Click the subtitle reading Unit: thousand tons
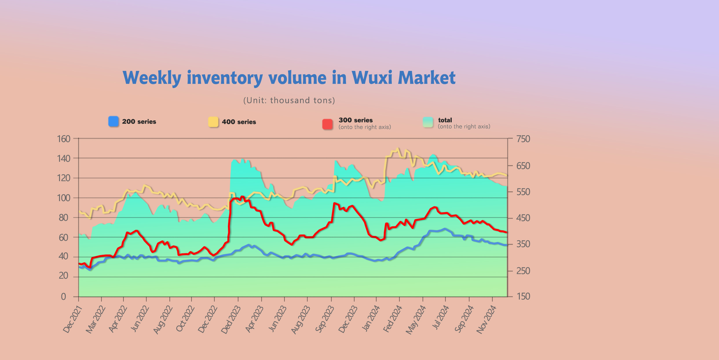click(x=289, y=100)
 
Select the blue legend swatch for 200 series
click(x=114, y=122)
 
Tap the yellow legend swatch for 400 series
click(x=213, y=122)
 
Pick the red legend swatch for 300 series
click(x=328, y=124)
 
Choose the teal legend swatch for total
click(x=428, y=122)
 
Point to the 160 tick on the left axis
click(x=64, y=139)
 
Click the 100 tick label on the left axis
click(x=64, y=198)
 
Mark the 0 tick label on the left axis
click(x=63, y=297)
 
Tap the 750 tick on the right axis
click(x=523, y=139)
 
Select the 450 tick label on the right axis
click(x=523, y=218)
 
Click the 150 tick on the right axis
click(x=523, y=296)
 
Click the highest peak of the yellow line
click(x=398, y=149)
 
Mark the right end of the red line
click(x=506, y=232)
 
